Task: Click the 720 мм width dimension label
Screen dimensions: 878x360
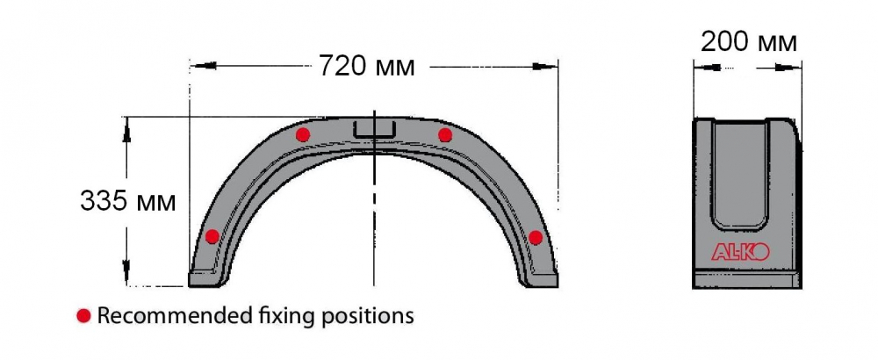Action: tap(367, 67)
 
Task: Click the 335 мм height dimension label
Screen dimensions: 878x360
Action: tap(127, 201)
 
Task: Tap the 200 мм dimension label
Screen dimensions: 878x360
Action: tap(749, 42)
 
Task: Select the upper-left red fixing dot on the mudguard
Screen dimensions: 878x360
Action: tap(303, 134)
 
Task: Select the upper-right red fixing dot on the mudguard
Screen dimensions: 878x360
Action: tap(445, 135)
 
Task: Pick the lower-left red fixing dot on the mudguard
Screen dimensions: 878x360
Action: tap(212, 236)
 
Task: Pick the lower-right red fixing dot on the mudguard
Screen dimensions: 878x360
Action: tap(536, 237)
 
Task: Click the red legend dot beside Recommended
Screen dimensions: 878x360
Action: tap(84, 316)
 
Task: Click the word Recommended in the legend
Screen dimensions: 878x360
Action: tap(171, 316)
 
